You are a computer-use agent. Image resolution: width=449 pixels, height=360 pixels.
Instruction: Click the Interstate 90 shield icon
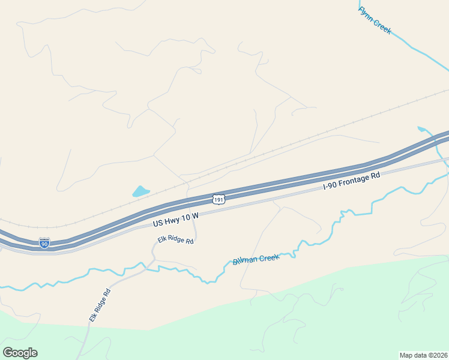click(44, 242)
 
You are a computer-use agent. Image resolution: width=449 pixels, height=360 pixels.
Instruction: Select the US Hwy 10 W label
click(175, 218)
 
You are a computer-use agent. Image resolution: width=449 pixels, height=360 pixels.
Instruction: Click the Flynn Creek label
click(375, 20)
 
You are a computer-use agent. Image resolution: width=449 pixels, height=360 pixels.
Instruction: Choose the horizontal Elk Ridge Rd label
click(175, 241)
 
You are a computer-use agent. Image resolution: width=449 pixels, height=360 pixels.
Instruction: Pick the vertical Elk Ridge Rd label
click(100, 306)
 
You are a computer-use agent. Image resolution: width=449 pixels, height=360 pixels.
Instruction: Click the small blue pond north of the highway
click(140, 191)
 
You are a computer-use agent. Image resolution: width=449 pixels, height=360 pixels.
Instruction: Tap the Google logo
click(20, 353)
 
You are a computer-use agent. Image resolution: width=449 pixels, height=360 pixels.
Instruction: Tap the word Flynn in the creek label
click(366, 14)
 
